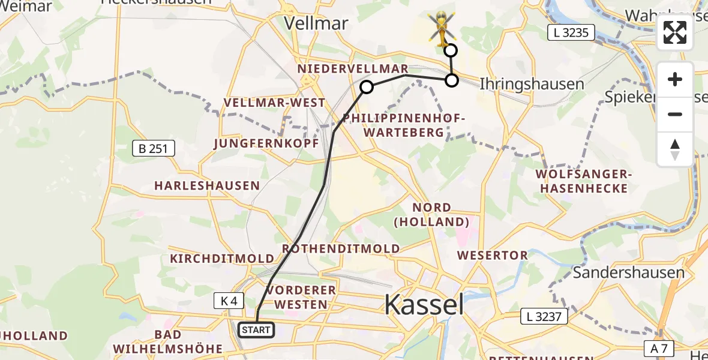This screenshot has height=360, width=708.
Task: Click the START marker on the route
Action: click(x=256, y=329)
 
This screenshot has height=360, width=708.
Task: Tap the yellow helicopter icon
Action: click(x=442, y=28)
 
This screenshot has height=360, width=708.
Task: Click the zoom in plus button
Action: click(x=675, y=80)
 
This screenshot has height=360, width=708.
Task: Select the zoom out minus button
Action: click(x=675, y=114)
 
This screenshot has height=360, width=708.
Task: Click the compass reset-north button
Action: click(x=675, y=149)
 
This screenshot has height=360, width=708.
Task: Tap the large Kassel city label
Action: click(x=424, y=305)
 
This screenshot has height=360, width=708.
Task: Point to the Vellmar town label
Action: click(x=316, y=23)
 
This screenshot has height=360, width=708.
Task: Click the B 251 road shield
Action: click(x=154, y=148)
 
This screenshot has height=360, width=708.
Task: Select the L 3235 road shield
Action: click(x=571, y=33)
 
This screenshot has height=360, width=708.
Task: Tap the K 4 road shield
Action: click(x=229, y=301)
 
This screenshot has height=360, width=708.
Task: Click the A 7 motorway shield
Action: click(x=661, y=348)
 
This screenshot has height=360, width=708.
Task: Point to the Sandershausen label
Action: click(x=628, y=272)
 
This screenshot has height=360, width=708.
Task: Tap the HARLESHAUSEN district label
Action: click(x=207, y=185)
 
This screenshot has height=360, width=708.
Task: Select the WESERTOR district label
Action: click(x=493, y=255)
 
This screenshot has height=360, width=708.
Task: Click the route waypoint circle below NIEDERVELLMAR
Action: click(x=366, y=88)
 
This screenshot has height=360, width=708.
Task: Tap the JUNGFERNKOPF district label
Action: click(x=257, y=143)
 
